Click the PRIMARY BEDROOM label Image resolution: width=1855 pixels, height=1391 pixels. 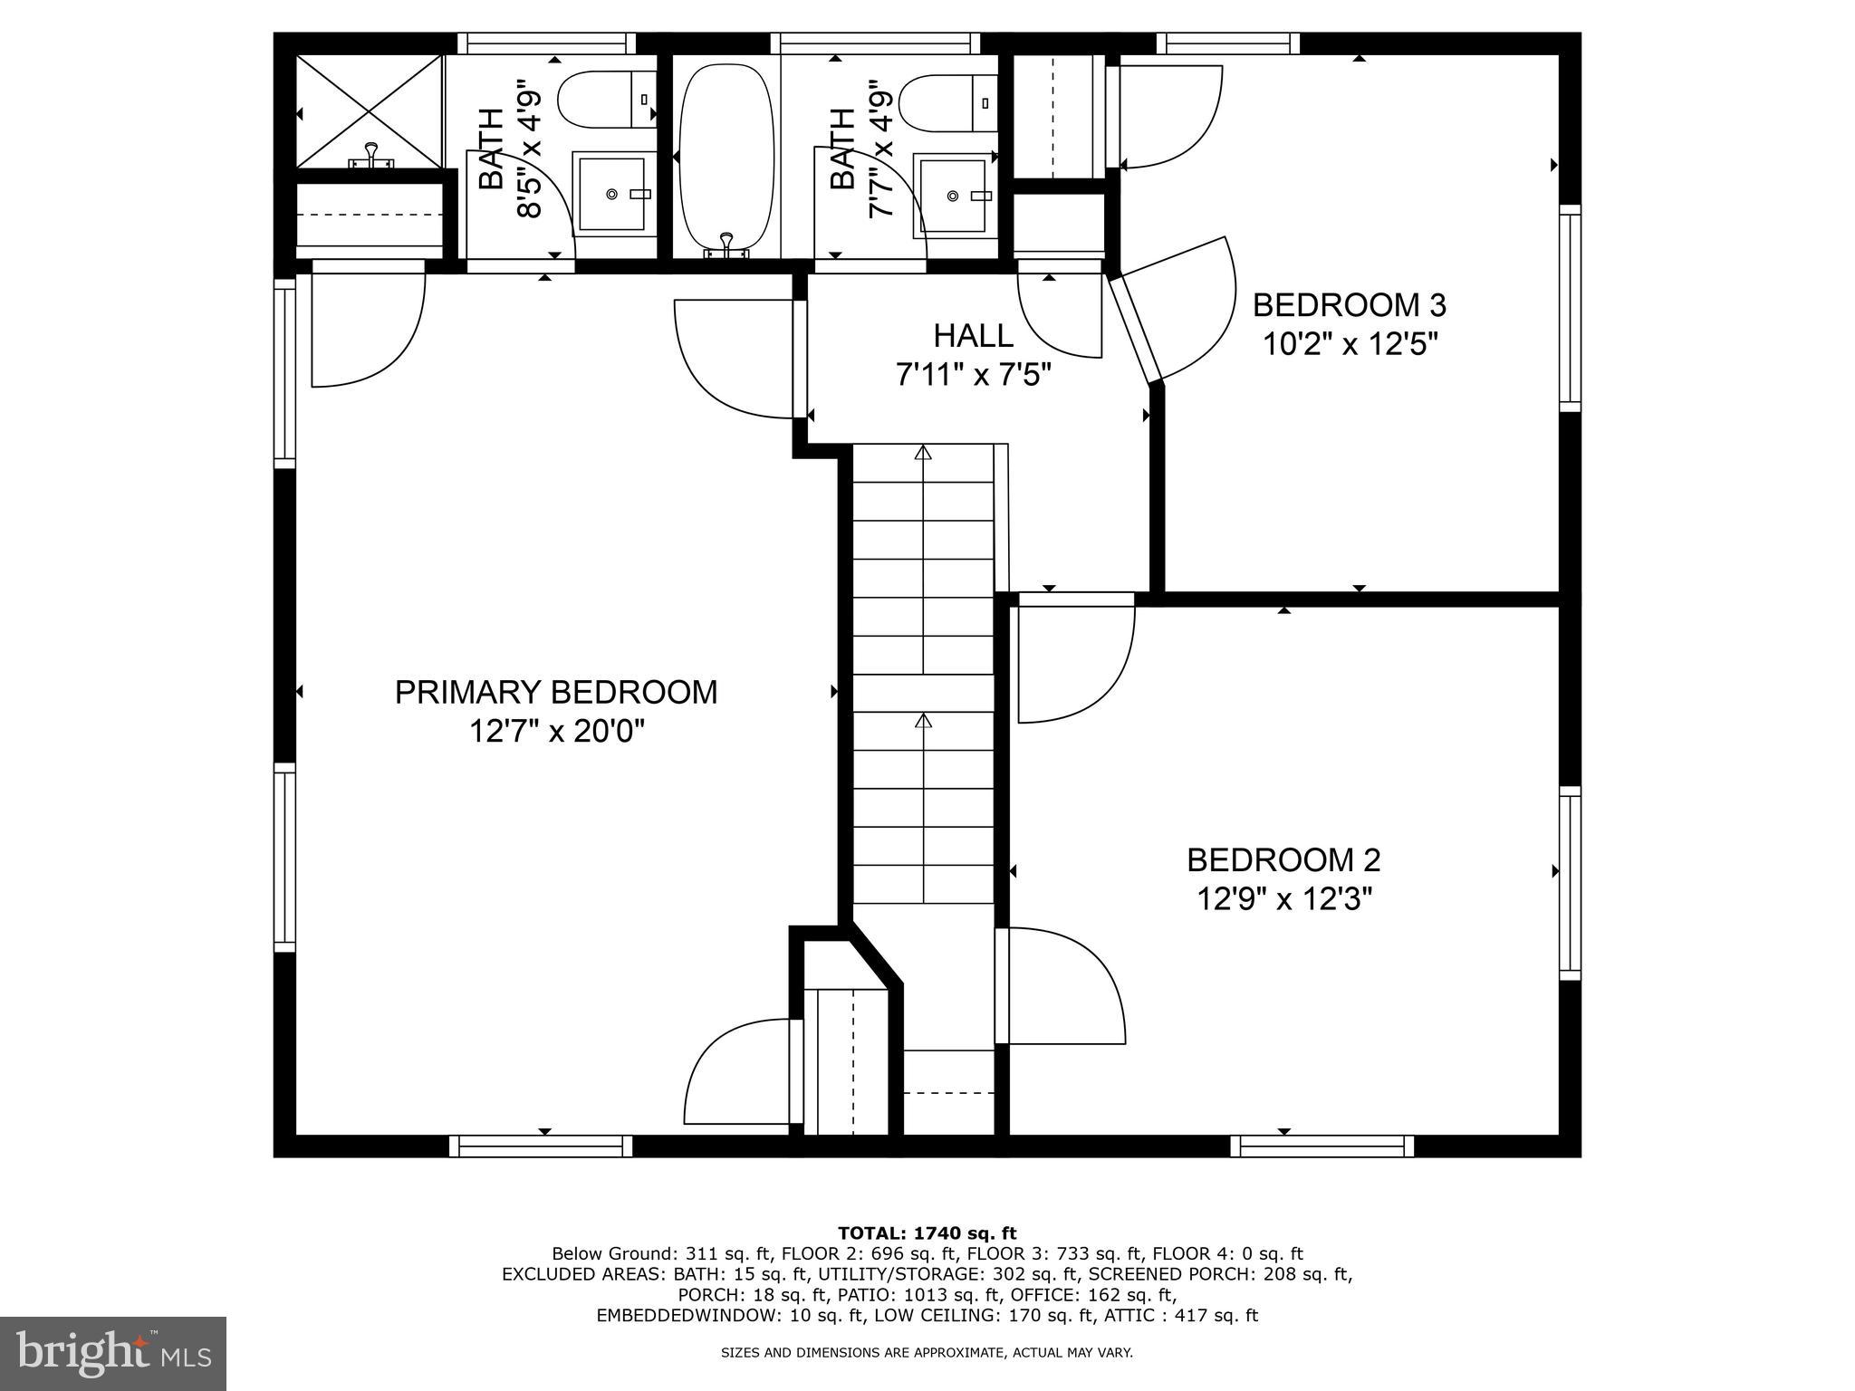click(555, 693)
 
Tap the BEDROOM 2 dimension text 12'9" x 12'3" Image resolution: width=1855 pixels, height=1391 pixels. click(1283, 899)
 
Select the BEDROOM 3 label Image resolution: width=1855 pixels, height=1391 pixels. click(1349, 305)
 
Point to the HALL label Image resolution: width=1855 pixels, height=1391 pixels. click(973, 336)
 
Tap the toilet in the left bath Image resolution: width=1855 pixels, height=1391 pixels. click(605, 101)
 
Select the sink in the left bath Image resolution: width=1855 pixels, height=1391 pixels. click(612, 194)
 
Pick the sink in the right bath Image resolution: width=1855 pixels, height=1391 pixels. click(953, 195)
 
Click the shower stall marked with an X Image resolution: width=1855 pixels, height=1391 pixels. click(370, 110)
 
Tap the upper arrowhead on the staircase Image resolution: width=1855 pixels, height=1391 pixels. click(923, 452)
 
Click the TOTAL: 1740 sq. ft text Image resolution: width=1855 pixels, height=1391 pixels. click(927, 1233)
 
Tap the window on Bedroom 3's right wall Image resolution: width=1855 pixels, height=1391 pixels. click(1570, 308)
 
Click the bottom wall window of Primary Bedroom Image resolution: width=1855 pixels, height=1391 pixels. click(542, 1146)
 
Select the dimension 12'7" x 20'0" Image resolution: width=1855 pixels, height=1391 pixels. click(555, 731)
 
